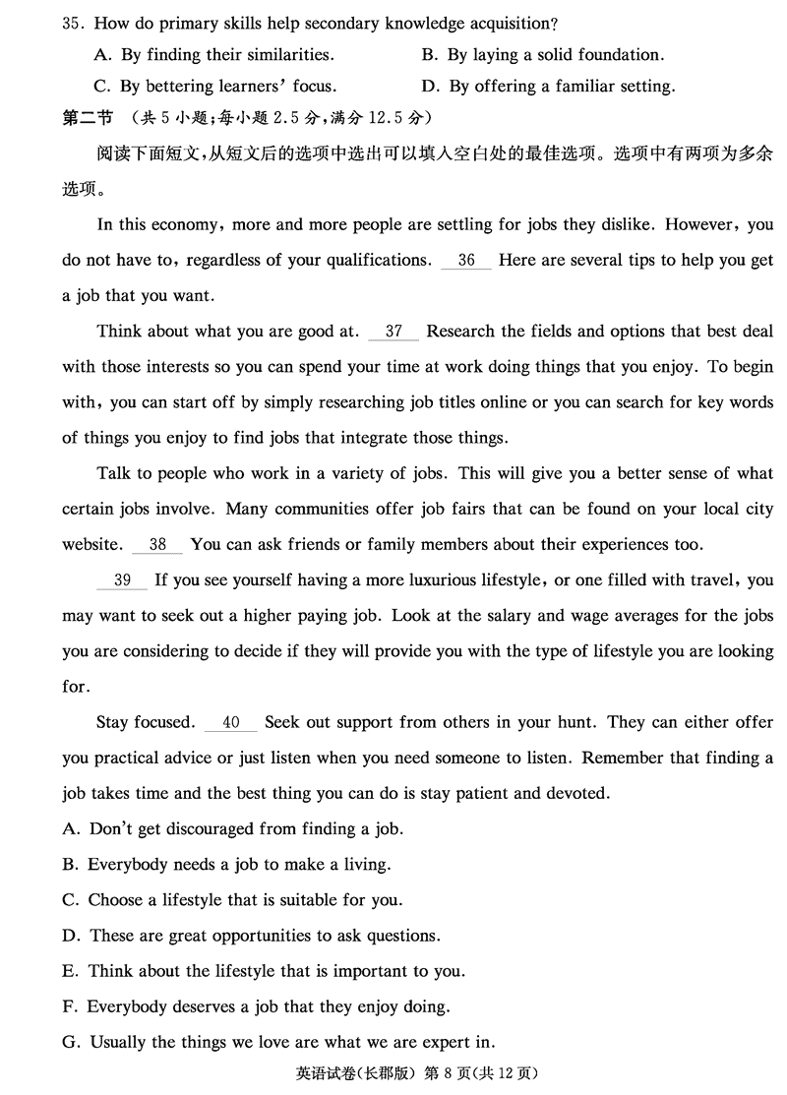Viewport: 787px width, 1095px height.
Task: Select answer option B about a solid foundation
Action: pyautogui.click(x=542, y=55)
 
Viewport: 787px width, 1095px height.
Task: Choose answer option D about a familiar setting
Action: pyautogui.click(x=548, y=87)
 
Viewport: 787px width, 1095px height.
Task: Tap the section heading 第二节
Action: pyautogui.click(x=87, y=118)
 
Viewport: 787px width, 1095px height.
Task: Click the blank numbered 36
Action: pyautogui.click(x=466, y=261)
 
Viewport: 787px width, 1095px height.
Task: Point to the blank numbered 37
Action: pyautogui.click(x=393, y=332)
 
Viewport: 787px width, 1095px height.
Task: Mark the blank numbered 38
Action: pyautogui.click(x=157, y=544)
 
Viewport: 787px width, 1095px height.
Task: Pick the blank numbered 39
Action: pyautogui.click(x=122, y=580)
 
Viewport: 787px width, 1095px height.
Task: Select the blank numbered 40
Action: pyautogui.click(x=231, y=722)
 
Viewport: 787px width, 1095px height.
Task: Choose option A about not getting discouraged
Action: pyautogui.click(x=233, y=829)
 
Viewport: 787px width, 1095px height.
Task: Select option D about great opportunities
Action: pyautogui.click(x=251, y=936)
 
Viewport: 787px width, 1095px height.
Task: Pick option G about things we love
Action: pyautogui.click(x=278, y=1042)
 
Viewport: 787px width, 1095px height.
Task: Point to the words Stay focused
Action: pyautogui.click(x=146, y=722)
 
